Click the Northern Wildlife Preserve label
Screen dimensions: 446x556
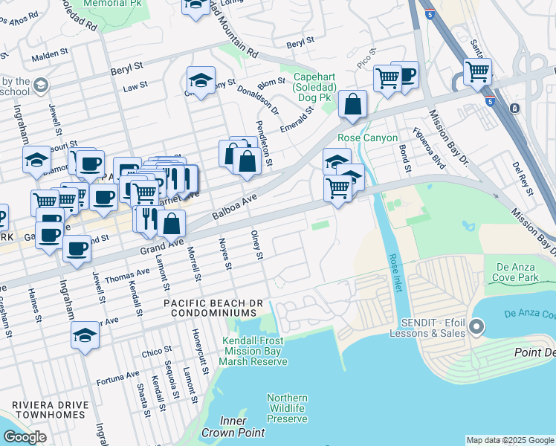(287, 409)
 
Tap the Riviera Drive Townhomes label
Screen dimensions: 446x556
(51, 410)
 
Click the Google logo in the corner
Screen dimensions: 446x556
(25, 437)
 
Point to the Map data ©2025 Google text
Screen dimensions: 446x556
(509, 440)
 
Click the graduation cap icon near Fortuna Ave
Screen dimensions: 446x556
(85, 336)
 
